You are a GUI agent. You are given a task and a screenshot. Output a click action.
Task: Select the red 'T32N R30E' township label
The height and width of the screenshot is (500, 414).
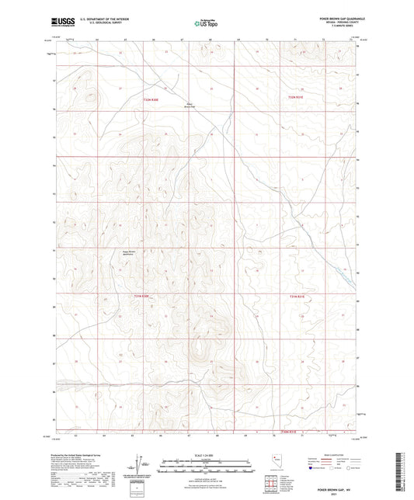pyautogui.click(x=150, y=99)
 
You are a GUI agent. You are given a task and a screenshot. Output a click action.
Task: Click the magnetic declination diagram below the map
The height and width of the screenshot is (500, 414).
pyautogui.click(x=144, y=467)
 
